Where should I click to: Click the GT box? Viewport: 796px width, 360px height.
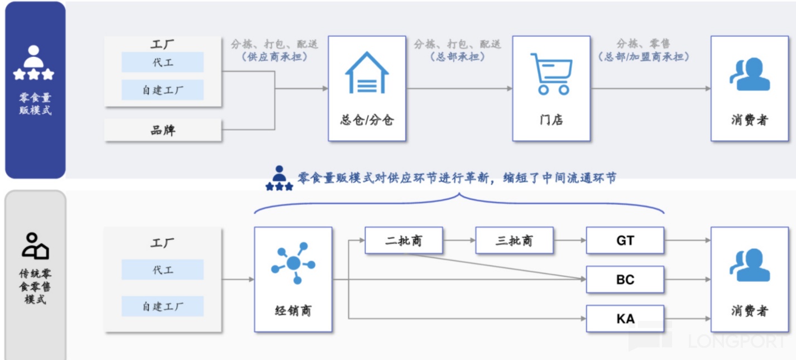click(625, 241)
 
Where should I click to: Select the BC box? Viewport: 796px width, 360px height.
click(625, 280)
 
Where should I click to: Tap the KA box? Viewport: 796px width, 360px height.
click(625, 319)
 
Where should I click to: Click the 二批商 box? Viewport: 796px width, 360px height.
click(404, 241)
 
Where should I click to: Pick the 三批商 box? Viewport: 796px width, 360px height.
click(514, 241)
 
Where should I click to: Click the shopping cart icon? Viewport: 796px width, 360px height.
click(551, 74)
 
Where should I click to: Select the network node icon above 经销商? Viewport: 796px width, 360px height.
click(293, 263)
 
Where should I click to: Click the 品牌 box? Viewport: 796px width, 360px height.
click(163, 130)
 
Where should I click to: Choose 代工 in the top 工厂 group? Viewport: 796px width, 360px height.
click(163, 63)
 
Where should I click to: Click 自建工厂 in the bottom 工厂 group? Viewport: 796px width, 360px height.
click(163, 306)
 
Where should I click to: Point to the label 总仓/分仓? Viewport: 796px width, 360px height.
click(366, 120)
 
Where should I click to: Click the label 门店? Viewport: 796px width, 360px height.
click(551, 120)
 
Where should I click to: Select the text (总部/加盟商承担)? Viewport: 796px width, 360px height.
click(643, 57)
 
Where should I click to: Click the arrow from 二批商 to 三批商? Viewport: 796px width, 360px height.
click(459, 241)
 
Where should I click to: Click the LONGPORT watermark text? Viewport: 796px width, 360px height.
click(737, 340)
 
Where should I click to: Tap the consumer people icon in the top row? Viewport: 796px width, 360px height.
click(750, 75)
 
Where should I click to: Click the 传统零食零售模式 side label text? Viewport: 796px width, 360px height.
click(35, 286)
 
